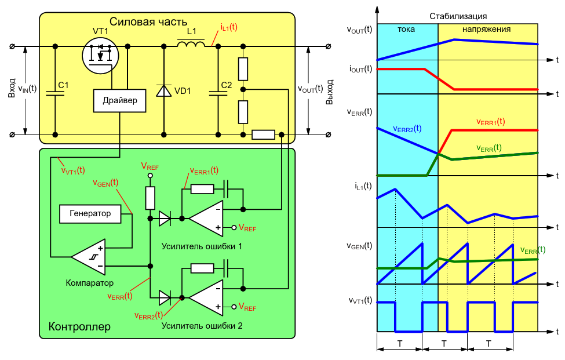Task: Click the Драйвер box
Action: tap(119, 100)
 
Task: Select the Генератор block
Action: tap(90, 214)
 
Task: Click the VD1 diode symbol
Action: tap(164, 90)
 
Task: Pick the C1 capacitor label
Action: tap(63, 85)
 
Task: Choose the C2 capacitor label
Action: tap(226, 85)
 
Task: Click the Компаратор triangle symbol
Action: tap(88, 257)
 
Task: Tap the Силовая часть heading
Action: tap(148, 22)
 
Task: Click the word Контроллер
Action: tap(79, 327)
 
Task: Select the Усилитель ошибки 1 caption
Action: tap(202, 247)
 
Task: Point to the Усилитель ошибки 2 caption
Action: tap(202, 326)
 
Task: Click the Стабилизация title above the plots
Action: tap(458, 17)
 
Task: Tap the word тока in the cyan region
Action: tap(406, 30)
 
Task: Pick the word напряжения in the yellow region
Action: tap(486, 30)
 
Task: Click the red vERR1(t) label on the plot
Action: tap(490, 122)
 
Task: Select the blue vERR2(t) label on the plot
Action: tap(407, 129)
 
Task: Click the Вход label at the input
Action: tap(12, 89)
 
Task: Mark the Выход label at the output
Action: tap(329, 92)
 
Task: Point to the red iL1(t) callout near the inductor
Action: tap(229, 27)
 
